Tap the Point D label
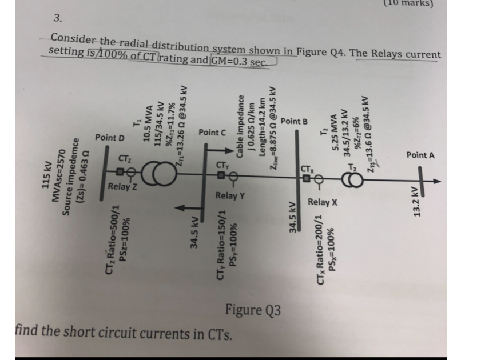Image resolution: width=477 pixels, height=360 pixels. coord(110,138)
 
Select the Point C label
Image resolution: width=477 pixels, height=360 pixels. coord(213,133)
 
